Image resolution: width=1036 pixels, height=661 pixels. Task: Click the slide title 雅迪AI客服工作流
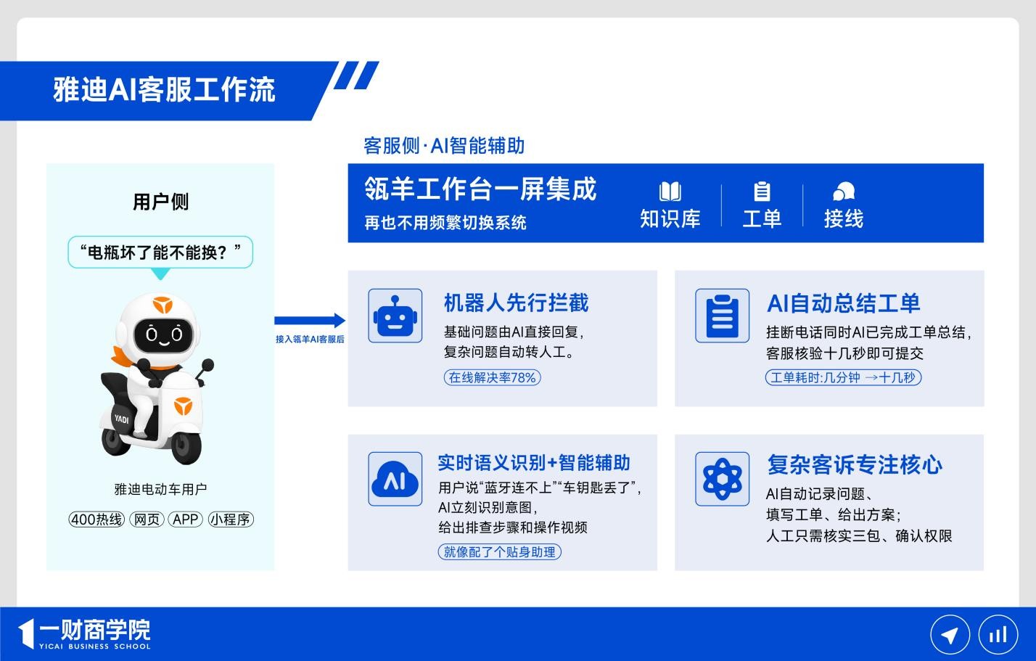pyautogui.click(x=164, y=89)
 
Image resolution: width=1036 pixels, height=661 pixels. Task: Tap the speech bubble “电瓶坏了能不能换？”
pyautogui.click(x=160, y=252)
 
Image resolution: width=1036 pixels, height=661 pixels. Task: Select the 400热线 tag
pyautogui.click(x=96, y=519)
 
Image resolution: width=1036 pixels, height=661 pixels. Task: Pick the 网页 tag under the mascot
pyautogui.click(x=147, y=519)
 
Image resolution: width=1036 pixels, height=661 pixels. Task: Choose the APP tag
pyautogui.click(x=186, y=519)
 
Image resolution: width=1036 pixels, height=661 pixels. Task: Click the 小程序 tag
pyautogui.click(x=231, y=519)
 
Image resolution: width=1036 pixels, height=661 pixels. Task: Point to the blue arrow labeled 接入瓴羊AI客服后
pyautogui.click(x=310, y=320)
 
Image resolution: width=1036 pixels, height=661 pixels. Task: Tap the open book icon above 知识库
pyautogui.click(x=670, y=192)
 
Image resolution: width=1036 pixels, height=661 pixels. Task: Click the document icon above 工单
pyautogui.click(x=762, y=192)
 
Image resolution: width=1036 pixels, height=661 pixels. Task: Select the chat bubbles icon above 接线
pyautogui.click(x=844, y=192)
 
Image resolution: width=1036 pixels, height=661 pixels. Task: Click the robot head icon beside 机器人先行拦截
pyautogui.click(x=395, y=316)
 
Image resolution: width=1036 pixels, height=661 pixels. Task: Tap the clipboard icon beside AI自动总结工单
pyautogui.click(x=722, y=316)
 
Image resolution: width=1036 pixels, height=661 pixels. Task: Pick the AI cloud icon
pyautogui.click(x=395, y=479)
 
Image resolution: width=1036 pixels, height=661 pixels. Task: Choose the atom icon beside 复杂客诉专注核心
pyautogui.click(x=722, y=479)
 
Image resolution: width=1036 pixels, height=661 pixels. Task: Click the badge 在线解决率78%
pyautogui.click(x=492, y=377)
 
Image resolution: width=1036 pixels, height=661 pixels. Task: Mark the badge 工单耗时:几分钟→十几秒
pyautogui.click(x=843, y=377)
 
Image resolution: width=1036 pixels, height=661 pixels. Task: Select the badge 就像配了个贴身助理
pyautogui.click(x=499, y=552)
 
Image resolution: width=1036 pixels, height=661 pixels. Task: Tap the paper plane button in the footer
pyautogui.click(x=950, y=635)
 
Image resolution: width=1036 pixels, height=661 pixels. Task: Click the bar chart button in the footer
pyautogui.click(x=998, y=635)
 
